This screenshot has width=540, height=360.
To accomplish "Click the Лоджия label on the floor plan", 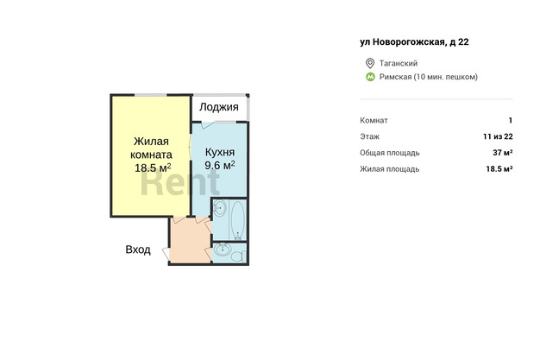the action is [219, 107].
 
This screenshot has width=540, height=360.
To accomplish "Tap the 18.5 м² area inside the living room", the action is [153, 168].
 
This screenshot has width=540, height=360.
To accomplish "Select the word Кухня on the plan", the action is [220, 152].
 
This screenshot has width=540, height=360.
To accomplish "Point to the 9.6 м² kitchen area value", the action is [220, 165].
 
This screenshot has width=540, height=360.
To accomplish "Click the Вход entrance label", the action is [138, 249].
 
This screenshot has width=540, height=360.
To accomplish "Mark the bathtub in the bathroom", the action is [238, 220].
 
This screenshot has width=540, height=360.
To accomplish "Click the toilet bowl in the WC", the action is [238, 256].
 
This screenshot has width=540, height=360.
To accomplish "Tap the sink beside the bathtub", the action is [219, 208].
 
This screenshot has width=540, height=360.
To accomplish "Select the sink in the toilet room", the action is [222, 249].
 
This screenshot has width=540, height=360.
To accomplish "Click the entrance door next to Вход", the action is [166, 254].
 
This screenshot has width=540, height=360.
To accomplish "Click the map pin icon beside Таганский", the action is [370, 63].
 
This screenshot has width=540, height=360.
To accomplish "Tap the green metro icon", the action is [370, 77].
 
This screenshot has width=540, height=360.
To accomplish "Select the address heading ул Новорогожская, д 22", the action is [414, 42].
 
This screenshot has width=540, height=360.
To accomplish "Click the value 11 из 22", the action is [498, 136].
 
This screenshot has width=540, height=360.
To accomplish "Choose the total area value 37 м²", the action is [502, 153].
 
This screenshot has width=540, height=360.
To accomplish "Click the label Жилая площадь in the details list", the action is [390, 169].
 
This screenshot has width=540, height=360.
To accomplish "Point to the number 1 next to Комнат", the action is [511, 120].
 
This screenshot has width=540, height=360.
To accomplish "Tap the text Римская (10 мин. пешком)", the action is [429, 77].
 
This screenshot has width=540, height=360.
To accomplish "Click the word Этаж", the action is [369, 136].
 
